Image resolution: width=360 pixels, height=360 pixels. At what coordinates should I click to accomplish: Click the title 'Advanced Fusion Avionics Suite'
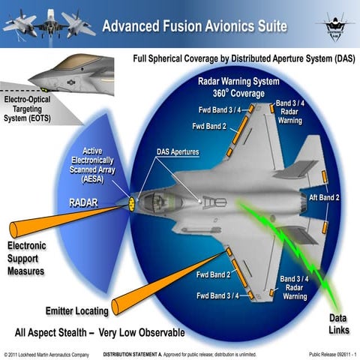pos(194,26)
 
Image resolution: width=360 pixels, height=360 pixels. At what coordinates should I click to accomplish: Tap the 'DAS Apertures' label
pos(178,152)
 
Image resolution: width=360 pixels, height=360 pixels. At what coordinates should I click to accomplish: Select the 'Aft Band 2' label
pos(325,197)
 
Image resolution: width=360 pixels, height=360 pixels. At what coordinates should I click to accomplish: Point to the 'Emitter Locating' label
pos(76,310)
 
